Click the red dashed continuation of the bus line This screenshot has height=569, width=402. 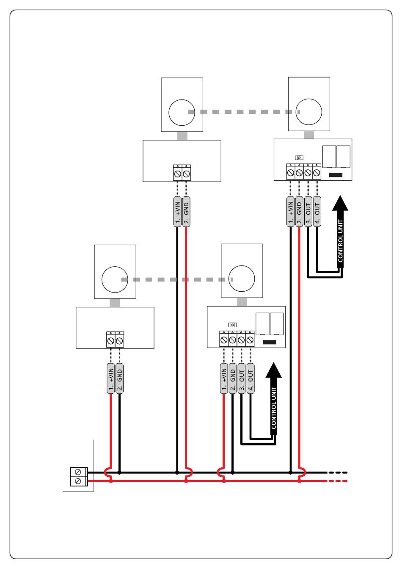[338, 481]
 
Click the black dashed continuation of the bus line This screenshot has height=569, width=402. [338, 472]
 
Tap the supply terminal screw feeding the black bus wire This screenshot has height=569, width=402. [78, 472]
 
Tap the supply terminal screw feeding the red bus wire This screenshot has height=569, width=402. [78, 481]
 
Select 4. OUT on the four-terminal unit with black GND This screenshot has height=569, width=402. [251, 378]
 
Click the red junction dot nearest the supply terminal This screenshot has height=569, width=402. [110, 481]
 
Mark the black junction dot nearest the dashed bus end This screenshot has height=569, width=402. [291, 473]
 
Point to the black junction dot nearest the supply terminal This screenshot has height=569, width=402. [119, 473]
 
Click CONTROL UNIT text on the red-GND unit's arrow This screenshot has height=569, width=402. [340, 241]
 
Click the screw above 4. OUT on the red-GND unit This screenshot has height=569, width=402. [317, 173]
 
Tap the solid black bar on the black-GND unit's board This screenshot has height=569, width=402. [269, 342]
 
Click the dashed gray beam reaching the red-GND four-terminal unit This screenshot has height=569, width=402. [244, 112]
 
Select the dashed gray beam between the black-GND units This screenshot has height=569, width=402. [177, 279]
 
